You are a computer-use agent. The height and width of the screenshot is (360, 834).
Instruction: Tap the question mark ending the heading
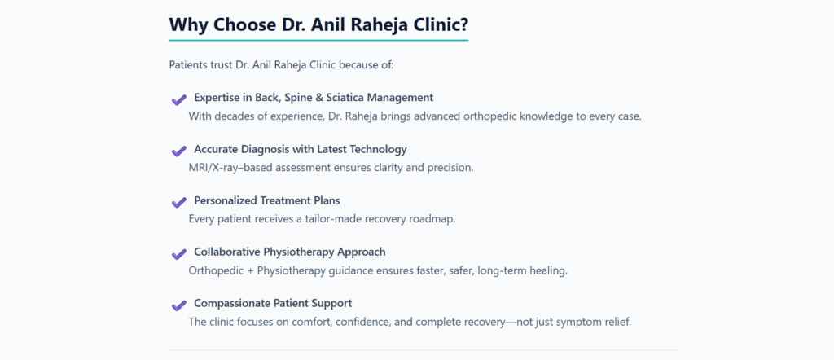[463, 25]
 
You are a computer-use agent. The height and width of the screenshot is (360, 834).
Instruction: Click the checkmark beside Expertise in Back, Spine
[178, 99]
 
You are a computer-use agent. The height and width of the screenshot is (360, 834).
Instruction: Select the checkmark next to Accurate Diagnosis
[178, 151]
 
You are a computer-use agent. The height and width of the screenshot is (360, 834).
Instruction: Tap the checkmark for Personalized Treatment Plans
[178, 203]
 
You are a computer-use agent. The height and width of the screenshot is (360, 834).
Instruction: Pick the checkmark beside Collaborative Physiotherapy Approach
[178, 254]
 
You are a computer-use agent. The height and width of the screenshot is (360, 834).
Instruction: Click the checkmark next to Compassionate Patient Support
[178, 305]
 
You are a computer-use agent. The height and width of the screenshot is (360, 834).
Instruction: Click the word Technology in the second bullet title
[381, 149]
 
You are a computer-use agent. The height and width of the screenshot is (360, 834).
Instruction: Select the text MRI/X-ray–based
[226, 168]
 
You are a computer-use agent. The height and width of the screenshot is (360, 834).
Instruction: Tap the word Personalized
[226, 201]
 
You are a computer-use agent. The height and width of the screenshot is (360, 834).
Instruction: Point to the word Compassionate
[231, 304]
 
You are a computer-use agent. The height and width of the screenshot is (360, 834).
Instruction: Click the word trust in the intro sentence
[222, 65]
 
